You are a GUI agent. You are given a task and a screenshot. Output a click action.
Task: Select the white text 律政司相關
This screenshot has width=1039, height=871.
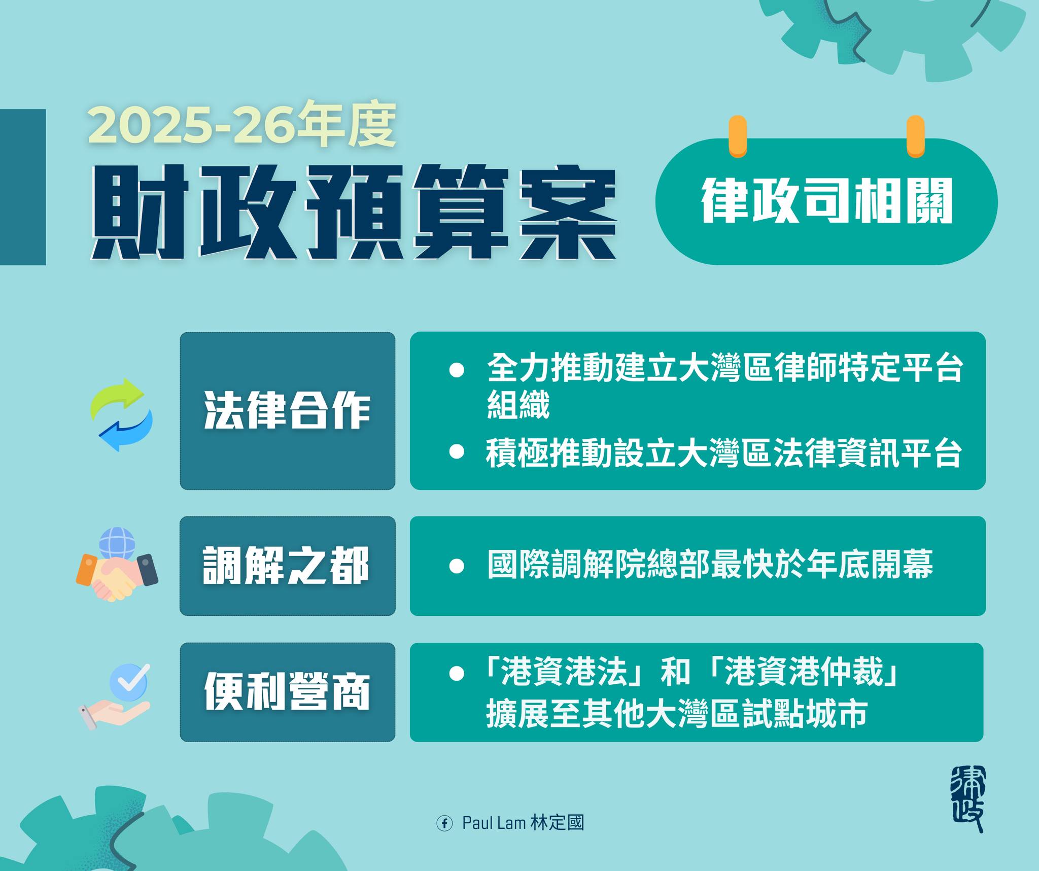(x=826, y=200)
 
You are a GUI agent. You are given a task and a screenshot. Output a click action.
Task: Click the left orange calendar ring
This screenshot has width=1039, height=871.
(x=738, y=136)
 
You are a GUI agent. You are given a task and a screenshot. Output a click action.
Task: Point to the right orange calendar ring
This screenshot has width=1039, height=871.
(x=915, y=136)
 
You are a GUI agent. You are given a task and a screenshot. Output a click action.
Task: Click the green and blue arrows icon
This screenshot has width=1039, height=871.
(x=121, y=414)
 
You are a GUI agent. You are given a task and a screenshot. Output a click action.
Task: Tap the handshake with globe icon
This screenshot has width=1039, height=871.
(x=117, y=565)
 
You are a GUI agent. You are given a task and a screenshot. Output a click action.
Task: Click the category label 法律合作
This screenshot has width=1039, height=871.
(x=287, y=411)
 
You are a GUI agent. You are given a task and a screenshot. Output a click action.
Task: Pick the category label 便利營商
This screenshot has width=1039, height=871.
(x=287, y=692)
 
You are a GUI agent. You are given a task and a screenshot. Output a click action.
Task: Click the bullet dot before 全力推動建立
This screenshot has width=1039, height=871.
(x=457, y=369)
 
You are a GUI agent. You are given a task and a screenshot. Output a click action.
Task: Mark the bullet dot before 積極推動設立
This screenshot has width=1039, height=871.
(x=457, y=452)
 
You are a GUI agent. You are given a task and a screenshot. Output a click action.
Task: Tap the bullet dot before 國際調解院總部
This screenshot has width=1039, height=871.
(x=457, y=566)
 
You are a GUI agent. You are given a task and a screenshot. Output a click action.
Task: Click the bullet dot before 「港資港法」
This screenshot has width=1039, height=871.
(x=457, y=674)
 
